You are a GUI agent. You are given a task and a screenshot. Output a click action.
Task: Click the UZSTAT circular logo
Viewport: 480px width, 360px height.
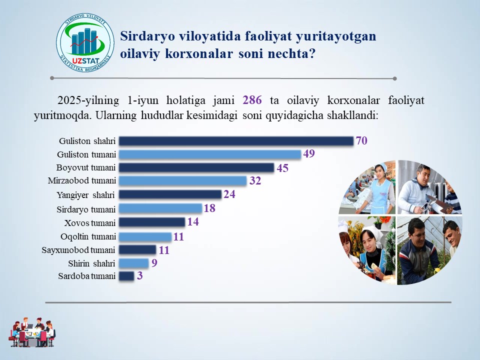85,42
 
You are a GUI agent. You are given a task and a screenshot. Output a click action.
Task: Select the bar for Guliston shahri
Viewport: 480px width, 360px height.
236,141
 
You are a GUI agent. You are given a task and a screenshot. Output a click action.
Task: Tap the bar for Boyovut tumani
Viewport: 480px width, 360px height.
196,167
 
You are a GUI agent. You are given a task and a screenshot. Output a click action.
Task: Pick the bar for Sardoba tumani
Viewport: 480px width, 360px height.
126,276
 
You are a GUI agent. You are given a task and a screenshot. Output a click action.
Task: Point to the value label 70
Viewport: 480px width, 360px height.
361,140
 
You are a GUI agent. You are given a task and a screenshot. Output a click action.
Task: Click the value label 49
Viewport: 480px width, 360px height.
309,153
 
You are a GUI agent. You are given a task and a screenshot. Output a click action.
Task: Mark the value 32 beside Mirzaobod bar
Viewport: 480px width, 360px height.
255,180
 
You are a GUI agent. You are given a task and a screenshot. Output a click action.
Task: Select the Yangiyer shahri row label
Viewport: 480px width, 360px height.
85,195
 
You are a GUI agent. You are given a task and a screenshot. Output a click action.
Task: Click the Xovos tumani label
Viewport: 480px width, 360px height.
90,223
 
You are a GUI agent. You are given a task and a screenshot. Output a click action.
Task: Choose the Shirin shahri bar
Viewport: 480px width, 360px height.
134,263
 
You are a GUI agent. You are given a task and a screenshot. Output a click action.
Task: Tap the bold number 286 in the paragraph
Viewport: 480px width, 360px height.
252,100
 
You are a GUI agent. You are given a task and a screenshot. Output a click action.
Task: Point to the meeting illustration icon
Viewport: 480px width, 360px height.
32,332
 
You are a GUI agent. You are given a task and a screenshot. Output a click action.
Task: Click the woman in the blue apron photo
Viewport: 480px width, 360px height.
367,187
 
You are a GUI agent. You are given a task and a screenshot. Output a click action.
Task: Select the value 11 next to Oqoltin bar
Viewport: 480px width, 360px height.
178,236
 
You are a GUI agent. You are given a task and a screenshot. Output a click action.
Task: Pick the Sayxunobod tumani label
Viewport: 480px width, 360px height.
78,250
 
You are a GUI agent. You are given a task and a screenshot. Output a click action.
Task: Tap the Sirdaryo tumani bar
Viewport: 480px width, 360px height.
160,208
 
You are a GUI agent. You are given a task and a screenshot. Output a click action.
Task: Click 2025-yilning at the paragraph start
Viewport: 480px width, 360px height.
88,100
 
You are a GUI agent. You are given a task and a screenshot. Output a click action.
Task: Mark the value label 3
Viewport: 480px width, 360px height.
139,276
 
